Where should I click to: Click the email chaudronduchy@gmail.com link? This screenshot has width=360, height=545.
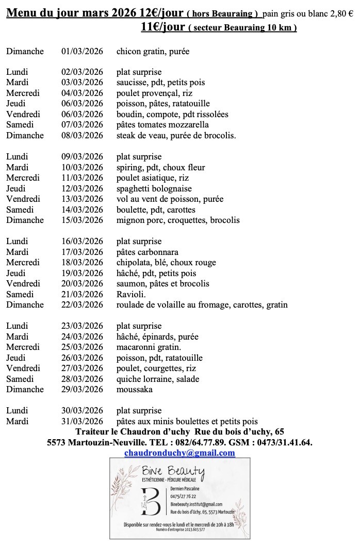(x=179, y=453)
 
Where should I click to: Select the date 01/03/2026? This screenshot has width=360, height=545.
(x=82, y=51)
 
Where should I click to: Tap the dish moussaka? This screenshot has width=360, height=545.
(x=135, y=389)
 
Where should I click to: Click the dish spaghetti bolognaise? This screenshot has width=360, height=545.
(x=154, y=189)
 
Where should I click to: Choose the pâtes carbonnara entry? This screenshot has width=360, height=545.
(x=148, y=252)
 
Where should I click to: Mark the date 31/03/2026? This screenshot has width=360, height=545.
(x=82, y=421)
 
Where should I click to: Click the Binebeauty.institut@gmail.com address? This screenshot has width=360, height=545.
(x=196, y=504)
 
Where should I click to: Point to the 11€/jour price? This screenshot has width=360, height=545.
(x=162, y=27)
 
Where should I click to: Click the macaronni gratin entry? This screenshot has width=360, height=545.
(x=149, y=347)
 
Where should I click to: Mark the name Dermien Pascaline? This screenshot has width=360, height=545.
(x=188, y=488)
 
